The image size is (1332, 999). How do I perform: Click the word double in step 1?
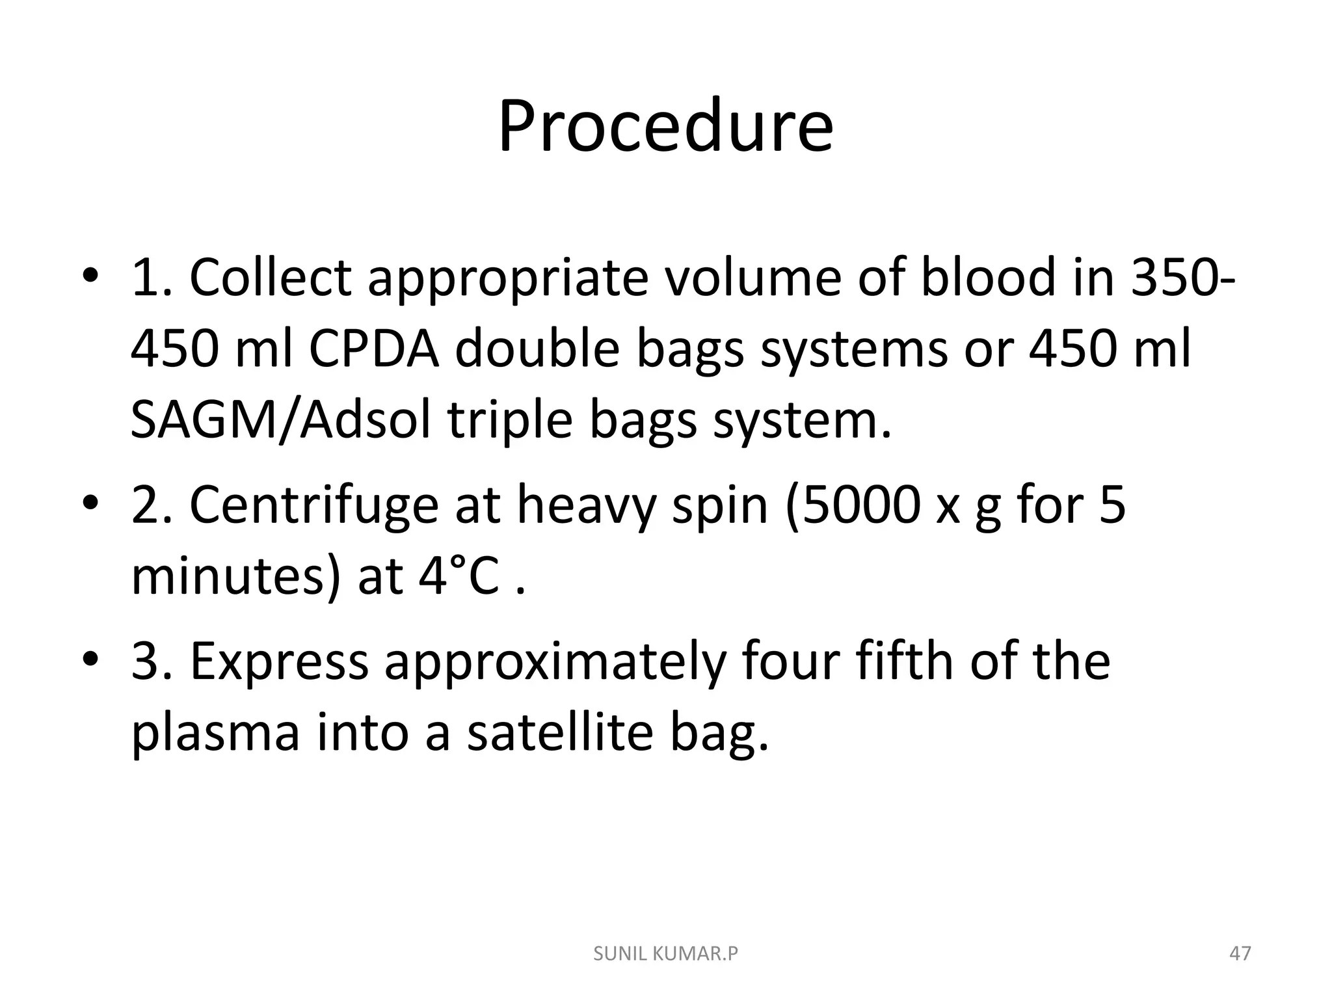coord(535,349)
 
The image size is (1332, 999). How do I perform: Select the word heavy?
coord(585,506)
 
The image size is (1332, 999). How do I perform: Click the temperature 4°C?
coord(459,577)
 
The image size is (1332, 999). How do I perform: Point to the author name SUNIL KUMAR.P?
coord(665,953)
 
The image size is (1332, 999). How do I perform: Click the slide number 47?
coord(1240,953)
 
